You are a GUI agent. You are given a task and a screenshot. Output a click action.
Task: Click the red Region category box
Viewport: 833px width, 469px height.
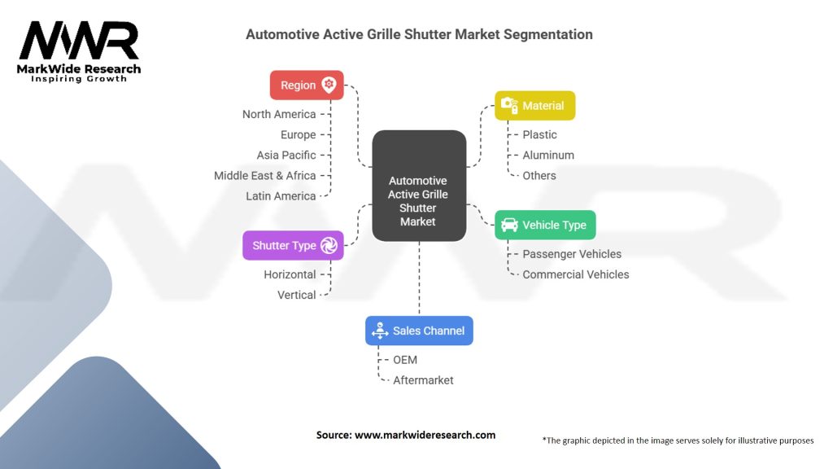(307, 85)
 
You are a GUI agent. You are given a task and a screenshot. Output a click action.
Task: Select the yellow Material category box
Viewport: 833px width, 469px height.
(534, 105)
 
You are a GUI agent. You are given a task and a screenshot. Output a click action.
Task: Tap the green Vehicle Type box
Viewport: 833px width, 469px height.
(545, 225)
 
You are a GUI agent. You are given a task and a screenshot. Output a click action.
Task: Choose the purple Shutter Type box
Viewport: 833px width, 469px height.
(293, 245)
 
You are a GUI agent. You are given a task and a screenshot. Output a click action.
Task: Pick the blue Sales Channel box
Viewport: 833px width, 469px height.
(419, 331)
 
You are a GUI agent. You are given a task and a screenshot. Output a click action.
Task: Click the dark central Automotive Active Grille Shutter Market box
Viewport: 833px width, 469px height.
(418, 186)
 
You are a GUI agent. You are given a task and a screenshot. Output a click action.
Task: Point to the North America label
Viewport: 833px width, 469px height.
(278, 114)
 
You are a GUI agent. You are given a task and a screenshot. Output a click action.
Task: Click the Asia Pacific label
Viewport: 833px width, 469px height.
(286, 155)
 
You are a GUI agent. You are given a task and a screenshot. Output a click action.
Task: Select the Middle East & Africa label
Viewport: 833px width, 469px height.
(264, 175)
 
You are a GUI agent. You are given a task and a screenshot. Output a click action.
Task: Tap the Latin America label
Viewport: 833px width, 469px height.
(281, 195)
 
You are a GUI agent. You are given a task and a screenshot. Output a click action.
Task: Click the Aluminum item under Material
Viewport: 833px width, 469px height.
(548, 155)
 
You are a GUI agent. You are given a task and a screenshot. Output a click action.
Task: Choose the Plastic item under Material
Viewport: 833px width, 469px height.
(539, 134)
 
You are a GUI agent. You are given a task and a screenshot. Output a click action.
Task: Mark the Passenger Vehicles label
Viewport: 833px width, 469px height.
(572, 254)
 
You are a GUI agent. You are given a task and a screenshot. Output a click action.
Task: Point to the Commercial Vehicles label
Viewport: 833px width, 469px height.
(575, 274)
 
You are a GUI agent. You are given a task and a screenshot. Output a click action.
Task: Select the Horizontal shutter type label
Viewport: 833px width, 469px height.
(290, 274)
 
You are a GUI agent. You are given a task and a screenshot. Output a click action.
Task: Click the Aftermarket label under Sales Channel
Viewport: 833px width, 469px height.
(423, 380)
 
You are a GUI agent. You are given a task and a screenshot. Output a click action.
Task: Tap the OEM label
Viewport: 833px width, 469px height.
(405, 360)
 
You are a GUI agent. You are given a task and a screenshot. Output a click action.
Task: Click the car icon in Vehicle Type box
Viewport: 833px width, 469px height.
(509, 225)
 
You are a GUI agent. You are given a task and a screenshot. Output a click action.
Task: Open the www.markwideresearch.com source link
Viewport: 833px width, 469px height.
(425, 435)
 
